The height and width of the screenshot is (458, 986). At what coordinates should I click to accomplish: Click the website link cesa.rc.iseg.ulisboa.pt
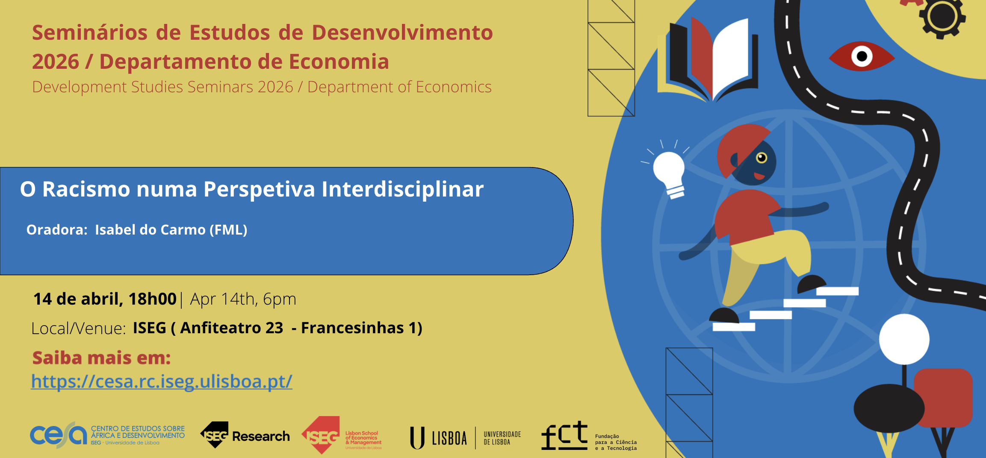point(162,381)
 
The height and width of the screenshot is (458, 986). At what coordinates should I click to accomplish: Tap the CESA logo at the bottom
point(107,435)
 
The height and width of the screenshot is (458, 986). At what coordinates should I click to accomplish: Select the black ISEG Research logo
point(245,435)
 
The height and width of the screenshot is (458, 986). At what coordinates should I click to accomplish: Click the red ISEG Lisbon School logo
point(342,435)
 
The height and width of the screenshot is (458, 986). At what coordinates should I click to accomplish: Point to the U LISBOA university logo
point(465,438)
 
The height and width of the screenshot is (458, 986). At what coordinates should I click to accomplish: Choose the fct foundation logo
point(589,436)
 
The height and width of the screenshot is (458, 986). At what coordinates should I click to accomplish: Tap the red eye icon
point(862,56)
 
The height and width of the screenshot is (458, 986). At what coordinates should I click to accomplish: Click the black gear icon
point(942,17)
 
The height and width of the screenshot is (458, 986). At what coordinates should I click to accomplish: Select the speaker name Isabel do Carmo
point(150,230)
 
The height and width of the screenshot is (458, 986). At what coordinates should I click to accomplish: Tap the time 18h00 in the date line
point(153,299)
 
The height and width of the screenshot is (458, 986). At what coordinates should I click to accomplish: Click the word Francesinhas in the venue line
point(352,328)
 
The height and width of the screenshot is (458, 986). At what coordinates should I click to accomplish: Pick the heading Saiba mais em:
point(101,358)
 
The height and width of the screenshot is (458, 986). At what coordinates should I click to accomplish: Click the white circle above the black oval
point(904,339)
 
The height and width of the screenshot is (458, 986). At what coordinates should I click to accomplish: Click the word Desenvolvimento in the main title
point(402,32)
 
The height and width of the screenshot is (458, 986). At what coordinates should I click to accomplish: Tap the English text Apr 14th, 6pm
point(243,299)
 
